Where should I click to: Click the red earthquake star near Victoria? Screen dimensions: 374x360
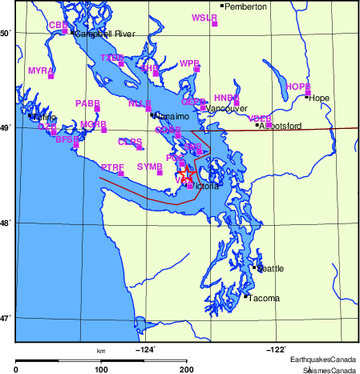[185, 172]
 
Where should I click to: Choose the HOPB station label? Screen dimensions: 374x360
[297, 86]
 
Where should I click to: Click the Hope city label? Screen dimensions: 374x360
[319, 99]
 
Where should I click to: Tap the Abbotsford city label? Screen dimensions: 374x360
[281, 126]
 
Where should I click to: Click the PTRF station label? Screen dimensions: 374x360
[112, 166]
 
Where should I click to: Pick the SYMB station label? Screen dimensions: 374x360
[149, 166]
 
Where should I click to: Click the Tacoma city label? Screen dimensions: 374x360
[265, 299]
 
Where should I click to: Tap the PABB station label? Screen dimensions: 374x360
[87, 103]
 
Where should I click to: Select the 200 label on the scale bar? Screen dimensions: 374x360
[187, 370]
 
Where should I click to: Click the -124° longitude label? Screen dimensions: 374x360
[145, 348]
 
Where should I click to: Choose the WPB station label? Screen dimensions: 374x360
[189, 62]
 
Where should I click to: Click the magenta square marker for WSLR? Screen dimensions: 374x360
[215, 24]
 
